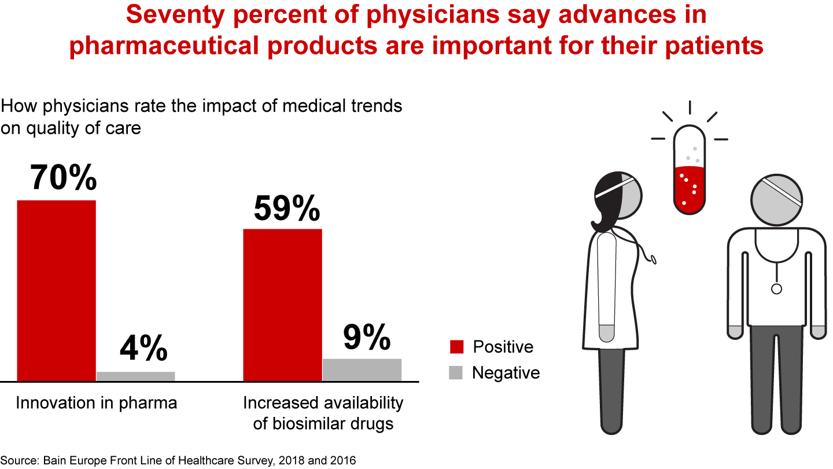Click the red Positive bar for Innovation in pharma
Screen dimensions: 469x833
56,290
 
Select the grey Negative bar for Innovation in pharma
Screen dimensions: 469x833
135,376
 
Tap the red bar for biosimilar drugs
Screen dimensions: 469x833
282,305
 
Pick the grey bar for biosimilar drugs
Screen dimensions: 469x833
362,369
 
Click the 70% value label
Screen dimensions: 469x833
63,177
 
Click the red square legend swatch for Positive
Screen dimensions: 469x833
456,347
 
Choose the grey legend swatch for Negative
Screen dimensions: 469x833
456,373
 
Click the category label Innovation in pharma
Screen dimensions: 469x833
96,403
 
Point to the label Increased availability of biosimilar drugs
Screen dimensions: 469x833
323,413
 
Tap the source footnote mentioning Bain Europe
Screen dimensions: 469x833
178,460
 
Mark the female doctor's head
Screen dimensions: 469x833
618,197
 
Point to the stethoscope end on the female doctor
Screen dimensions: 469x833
653,259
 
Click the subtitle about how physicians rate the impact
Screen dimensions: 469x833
201,116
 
